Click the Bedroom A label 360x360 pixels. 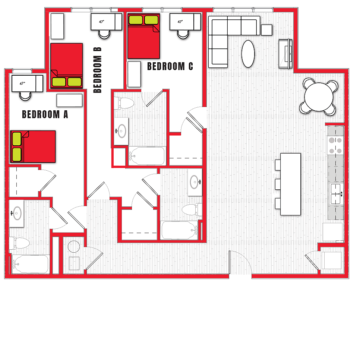(45, 114)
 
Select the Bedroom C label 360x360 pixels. (170, 66)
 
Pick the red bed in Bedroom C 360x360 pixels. (143, 36)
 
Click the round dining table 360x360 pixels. (319, 96)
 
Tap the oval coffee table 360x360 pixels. (248, 54)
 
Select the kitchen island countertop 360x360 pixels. (290, 184)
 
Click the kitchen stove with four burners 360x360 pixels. (335, 145)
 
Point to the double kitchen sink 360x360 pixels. (336, 194)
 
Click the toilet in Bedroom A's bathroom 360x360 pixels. (19, 243)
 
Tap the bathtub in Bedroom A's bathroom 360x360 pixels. (30, 264)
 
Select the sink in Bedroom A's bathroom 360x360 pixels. (17, 214)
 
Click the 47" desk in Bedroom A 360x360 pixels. (27, 83)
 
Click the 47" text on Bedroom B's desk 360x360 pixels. (101, 22)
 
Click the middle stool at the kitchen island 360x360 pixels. (278, 184)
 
